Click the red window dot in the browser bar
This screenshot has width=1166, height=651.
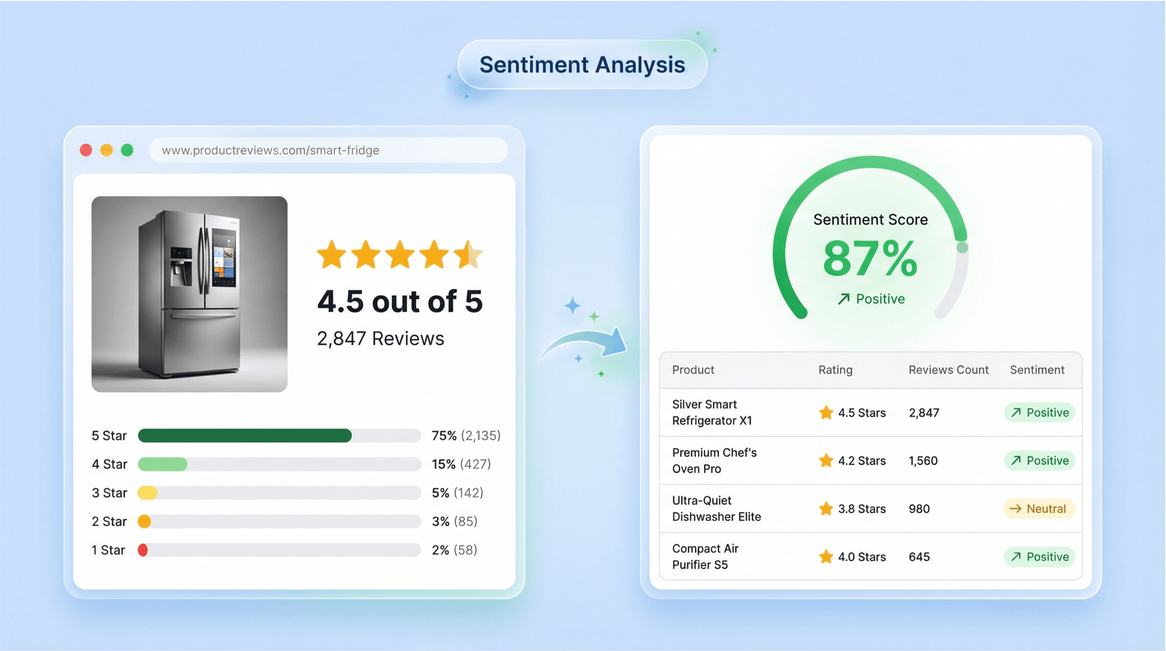pyautogui.click(x=86, y=150)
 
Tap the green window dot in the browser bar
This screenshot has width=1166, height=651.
pyautogui.click(x=127, y=150)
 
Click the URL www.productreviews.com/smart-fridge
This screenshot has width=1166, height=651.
pyautogui.click(x=270, y=150)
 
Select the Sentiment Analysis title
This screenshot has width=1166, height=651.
pyautogui.click(x=582, y=65)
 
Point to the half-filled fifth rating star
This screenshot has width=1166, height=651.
pyautogui.click(x=469, y=254)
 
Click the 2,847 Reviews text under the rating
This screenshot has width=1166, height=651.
pyautogui.click(x=380, y=338)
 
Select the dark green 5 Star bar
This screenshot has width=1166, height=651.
pyautogui.click(x=244, y=435)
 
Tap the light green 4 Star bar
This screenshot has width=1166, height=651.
pyautogui.click(x=163, y=464)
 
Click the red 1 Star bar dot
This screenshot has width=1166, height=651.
pyautogui.click(x=143, y=550)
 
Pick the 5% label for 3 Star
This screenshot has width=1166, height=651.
pyautogui.click(x=440, y=493)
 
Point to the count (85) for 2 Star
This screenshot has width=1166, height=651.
pyautogui.click(x=466, y=521)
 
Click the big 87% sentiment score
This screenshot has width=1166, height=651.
pyautogui.click(x=870, y=259)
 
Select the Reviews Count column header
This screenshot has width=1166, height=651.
pyautogui.click(x=948, y=370)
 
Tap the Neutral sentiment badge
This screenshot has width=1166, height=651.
pyautogui.click(x=1039, y=508)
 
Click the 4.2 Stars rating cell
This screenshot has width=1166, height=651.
pyautogui.click(x=853, y=461)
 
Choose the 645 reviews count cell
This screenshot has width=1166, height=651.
pyautogui.click(x=919, y=557)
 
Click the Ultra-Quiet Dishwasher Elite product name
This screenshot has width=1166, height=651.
pyautogui.click(x=716, y=508)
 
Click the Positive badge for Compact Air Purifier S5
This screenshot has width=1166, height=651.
pyautogui.click(x=1039, y=557)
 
